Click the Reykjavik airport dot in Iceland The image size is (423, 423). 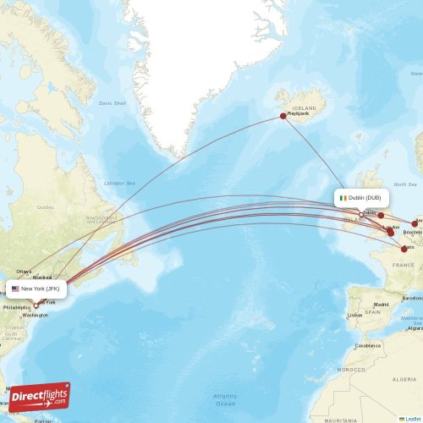[x=283, y=117]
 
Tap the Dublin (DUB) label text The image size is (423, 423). [x=365, y=198]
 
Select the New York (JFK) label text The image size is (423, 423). [x=41, y=288]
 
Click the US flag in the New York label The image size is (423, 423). [x=15, y=288]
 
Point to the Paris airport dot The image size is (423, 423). [x=404, y=249]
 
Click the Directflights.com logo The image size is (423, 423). [x=40, y=396]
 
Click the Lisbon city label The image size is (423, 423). [x=354, y=315]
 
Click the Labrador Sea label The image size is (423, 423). [x=118, y=183]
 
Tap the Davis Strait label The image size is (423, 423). [x=112, y=103]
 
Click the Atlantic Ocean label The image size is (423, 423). [x=225, y=399]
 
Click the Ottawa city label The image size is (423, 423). [x=24, y=272]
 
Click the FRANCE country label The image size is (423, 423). [x=403, y=265]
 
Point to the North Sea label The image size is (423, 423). [x=405, y=184]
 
